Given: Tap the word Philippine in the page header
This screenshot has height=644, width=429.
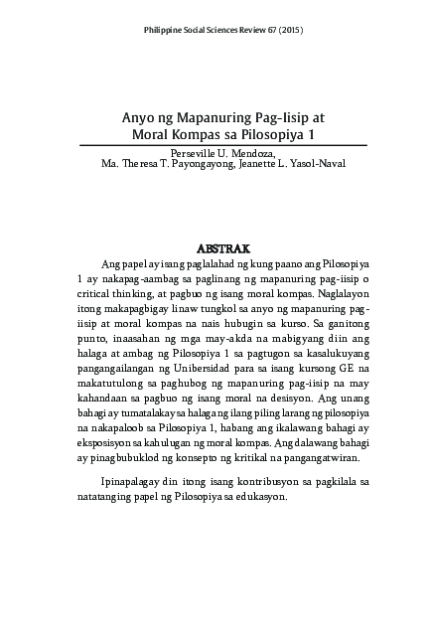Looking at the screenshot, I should [164, 31].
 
